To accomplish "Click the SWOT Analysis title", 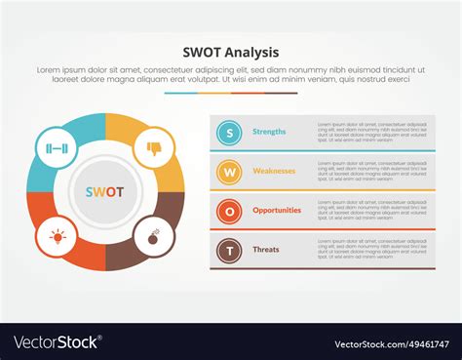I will [x=231, y=52].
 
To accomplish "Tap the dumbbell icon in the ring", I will [x=56, y=148].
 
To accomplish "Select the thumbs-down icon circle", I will [x=154, y=148].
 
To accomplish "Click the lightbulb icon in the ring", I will [x=57, y=236].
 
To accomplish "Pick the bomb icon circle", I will [x=154, y=236].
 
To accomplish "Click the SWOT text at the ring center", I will [x=104, y=192].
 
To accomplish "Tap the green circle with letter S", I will [x=229, y=132].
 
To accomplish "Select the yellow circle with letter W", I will [x=229, y=172].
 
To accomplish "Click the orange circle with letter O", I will [x=229, y=211].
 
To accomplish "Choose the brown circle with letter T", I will [x=229, y=250].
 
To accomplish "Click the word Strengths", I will [x=269, y=132].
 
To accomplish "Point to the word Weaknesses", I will [x=274, y=171].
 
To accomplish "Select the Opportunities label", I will [x=277, y=210].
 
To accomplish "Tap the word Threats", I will [x=266, y=249].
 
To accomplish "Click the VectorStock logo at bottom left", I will [x=57, y=342].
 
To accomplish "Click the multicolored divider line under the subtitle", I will [x=231, y=94].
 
